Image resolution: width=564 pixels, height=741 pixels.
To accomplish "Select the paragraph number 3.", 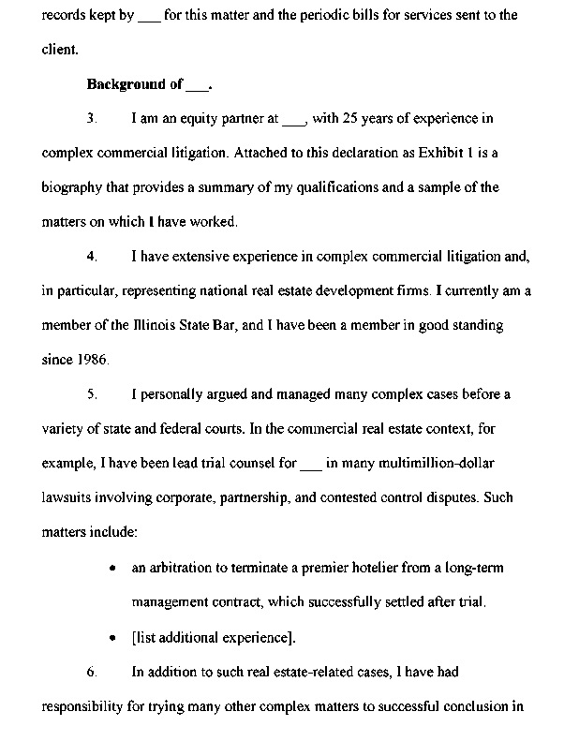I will (x=92, y=119).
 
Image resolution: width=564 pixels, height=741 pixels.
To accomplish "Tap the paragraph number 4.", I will (x=92, y=256).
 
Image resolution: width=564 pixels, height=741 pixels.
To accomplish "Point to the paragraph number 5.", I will (x=92, y=394).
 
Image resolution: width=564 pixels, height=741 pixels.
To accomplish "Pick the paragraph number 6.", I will (x=92, y=672).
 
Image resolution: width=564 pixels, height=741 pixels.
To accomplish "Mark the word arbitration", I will (x=179, y=568).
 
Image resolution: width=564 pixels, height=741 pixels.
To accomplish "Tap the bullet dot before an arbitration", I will (x=113, y=569).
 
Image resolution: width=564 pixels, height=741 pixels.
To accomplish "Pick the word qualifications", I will (x=376, y=187).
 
